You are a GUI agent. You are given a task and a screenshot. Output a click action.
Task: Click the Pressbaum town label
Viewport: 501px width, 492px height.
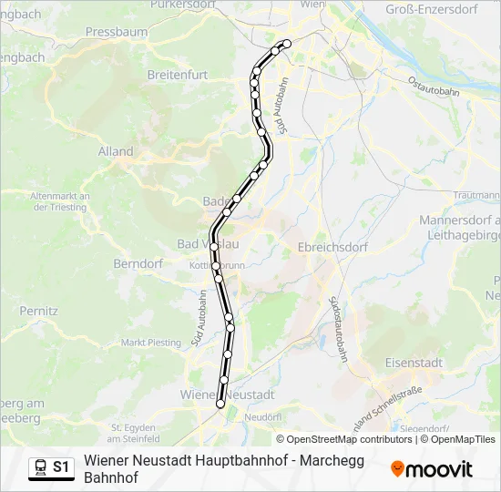(116, 31)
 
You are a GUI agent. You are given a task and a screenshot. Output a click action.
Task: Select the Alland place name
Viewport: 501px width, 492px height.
(116, 151)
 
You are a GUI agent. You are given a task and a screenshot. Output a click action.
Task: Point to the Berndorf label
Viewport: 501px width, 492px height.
(138, 263)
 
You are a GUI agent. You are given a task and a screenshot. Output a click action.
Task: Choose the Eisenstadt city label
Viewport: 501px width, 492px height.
(414, 362)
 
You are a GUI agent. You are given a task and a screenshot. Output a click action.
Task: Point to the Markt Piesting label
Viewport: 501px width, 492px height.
(151, 343)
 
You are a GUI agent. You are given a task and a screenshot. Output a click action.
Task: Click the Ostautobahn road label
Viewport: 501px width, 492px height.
(433, 88)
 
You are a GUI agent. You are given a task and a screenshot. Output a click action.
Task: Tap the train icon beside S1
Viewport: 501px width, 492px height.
(40, 467)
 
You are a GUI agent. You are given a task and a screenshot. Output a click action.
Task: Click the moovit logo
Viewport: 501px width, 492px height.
(431, 469)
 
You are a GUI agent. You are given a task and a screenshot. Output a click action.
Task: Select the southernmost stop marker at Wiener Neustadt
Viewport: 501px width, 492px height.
(220, 404)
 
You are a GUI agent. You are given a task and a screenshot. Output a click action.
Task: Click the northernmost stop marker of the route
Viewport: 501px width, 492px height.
(287, 44)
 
